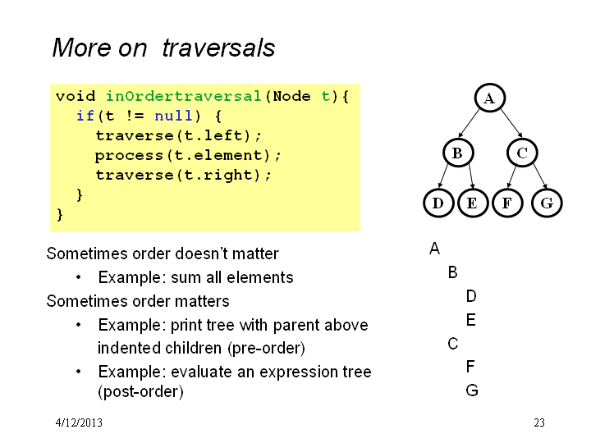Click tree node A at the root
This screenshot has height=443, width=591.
coord(489,98)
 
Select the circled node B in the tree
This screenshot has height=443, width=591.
coord(457,153)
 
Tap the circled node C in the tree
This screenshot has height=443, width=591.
coord(522,153)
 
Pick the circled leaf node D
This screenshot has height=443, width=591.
coord(438,203)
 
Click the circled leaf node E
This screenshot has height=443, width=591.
coord(473,203)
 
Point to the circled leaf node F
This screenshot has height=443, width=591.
coord(507,203)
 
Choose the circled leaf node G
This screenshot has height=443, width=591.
coord(547,203)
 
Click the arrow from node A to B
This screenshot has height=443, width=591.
coord(469,123)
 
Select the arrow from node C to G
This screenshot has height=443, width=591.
coord(540,176)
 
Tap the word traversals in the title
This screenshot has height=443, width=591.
coord(218,48)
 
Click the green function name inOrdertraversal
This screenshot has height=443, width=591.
coord(184,96)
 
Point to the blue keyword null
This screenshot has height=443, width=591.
coord(173,116)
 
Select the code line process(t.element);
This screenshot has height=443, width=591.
coord(188,156)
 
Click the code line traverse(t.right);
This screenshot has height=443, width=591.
coord(183,176)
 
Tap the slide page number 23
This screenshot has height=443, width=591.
coord(539,422)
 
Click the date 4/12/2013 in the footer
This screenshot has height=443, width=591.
coord(79,422)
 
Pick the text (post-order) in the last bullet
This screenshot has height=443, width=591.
coord(140,392)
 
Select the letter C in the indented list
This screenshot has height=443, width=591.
coord(453,344)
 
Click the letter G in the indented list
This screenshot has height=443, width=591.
coord(472,390)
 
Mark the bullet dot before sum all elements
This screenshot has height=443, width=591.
coord(79,277)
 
